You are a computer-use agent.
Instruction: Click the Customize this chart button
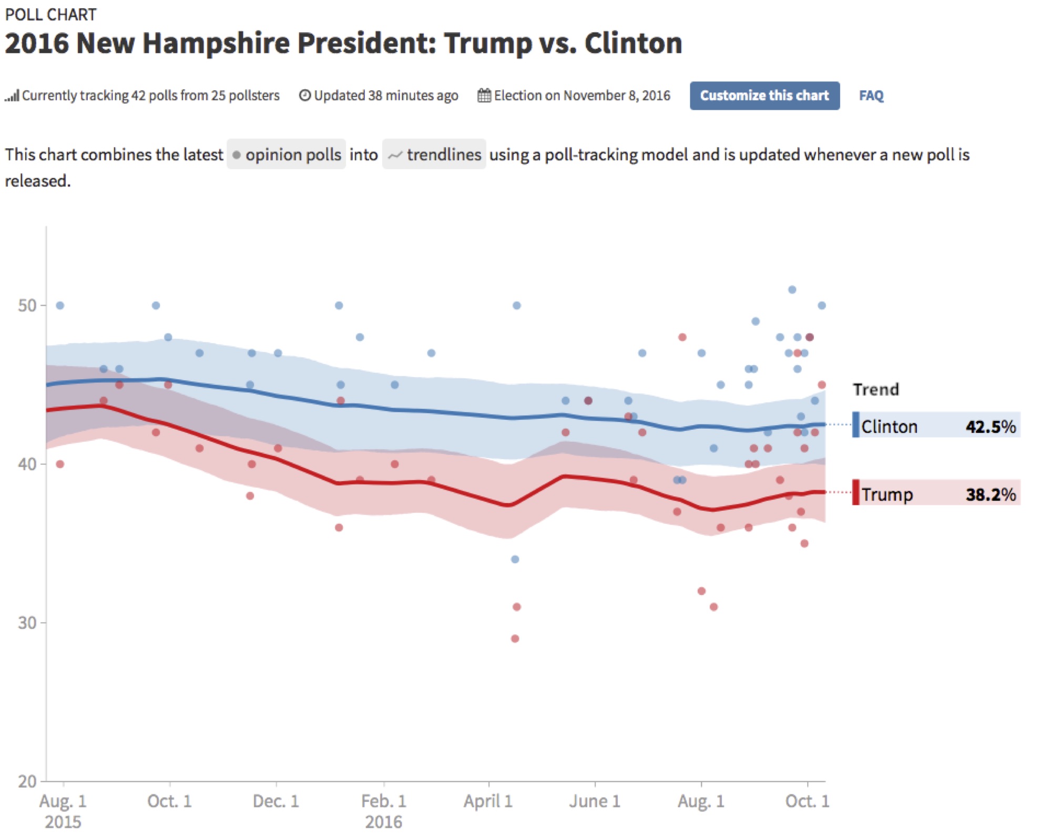[x=764, y=96]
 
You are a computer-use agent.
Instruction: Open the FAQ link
[x=871, y=96]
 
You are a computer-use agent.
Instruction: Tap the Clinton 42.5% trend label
[x=936, y=426]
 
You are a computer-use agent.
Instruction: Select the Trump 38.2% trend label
[x=936, y=494]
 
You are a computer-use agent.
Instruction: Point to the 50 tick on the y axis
[x=27, y=305]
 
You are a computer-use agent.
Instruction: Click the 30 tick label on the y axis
[x=27, y=623]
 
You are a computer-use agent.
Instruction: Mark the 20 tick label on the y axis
[x=27, y=781]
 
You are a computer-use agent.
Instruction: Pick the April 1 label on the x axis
[x=488, y=801]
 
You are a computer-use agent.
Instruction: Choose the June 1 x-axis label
[x=595, y=801]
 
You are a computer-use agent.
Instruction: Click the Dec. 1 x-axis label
[x=275, y=801]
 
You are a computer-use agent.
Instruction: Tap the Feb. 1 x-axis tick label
[x=383, y=801]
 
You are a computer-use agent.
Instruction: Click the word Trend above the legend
[x=875, y=389]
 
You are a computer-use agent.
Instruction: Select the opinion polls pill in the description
[x=286, y=154]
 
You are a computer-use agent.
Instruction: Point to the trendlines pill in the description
[x=434, y=154]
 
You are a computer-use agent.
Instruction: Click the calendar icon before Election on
[x=484, y=96]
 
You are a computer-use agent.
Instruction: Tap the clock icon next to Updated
[x=304, y=96]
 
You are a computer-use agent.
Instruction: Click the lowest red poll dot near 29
[x=515, y=638]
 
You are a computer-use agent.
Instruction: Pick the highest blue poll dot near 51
[x=792, y=289]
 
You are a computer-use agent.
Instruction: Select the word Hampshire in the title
[x=216, y=43]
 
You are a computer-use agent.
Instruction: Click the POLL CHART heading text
[x=50, y=15]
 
